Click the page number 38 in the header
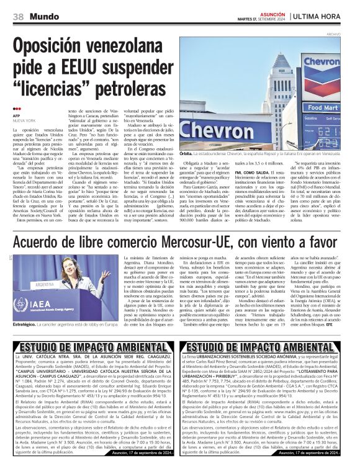coord(17,15)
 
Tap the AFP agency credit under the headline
coord(16,116)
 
